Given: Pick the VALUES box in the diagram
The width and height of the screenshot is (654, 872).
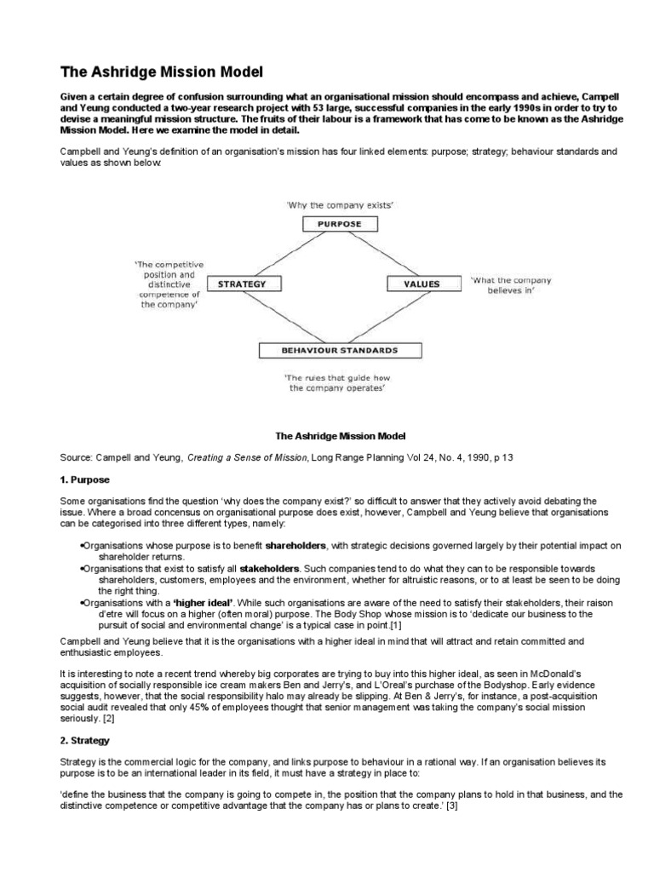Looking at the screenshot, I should [x=422, y=284].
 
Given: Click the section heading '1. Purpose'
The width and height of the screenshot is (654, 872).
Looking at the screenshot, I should [x=85, y=480].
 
